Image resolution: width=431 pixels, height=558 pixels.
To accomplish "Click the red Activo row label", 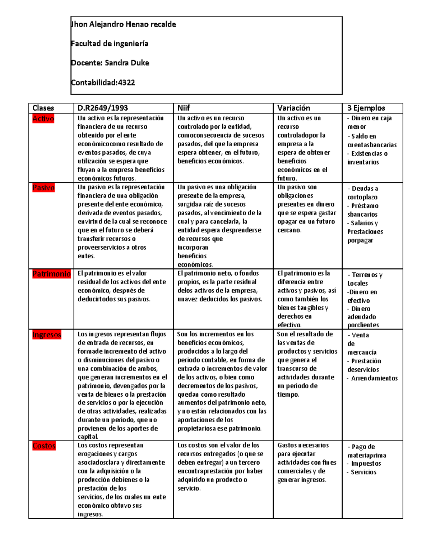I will tap(43, 119).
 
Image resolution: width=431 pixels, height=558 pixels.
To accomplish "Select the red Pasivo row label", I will tap(43, 188).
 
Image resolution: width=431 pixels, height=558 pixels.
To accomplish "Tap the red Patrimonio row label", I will tap(51, 274).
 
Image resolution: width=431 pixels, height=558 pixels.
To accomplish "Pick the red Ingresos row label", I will tap(47, 335).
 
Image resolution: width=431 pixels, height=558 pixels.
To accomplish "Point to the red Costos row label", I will tap(44, 446).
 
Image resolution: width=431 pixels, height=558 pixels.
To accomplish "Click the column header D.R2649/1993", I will tap(103, 108).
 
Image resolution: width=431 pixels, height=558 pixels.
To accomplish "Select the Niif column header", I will tap(184, 108).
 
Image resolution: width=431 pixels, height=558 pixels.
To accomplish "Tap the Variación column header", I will tap(293, 108).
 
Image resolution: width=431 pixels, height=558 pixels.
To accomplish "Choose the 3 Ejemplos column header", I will tap(366, 108).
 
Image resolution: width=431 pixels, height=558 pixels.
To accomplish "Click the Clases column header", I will tap(43, 108).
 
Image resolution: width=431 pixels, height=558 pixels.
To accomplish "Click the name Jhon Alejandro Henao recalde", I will tap(124, 24).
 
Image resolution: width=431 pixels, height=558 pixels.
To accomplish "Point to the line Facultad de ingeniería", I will tap(110, 44).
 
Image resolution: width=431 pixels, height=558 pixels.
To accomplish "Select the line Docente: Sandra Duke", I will tap(110, 63).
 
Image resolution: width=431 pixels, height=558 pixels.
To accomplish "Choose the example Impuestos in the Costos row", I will tap(366, 464).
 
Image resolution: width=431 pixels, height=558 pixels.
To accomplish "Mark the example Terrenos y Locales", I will tap(365, 279).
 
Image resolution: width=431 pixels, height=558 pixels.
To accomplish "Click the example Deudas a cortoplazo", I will tap(363, 193).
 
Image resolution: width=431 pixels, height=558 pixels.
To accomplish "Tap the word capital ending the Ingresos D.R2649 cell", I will tap(88, 437).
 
